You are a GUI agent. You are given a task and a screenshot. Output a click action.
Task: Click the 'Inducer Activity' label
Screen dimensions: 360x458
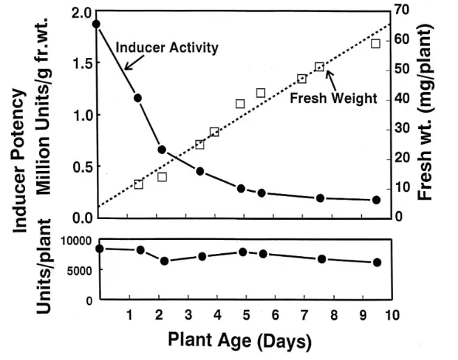[x=167, y=48]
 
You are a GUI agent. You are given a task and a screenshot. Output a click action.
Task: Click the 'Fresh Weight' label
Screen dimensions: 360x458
[x=333, y=98]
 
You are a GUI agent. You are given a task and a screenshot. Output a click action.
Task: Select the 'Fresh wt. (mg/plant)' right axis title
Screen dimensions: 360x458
[x=429, y=112]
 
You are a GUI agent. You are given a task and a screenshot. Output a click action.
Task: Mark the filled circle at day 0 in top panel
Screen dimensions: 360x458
[x=96, y=24]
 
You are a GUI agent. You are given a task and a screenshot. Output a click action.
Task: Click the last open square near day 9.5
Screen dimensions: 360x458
[x=375, y=43]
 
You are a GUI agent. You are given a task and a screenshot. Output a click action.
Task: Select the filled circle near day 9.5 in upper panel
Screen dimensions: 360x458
[x=376, y=200]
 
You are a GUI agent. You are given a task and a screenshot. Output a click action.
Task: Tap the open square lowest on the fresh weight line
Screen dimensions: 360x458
[x=138, y=185]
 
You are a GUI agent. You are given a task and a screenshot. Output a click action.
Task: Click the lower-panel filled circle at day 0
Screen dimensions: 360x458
[x=99, y=248]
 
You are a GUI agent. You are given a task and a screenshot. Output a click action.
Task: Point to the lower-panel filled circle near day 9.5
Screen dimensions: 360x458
[x=376, y=262]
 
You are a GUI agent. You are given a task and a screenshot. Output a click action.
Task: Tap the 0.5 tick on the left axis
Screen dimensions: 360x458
[x=81, y=167]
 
